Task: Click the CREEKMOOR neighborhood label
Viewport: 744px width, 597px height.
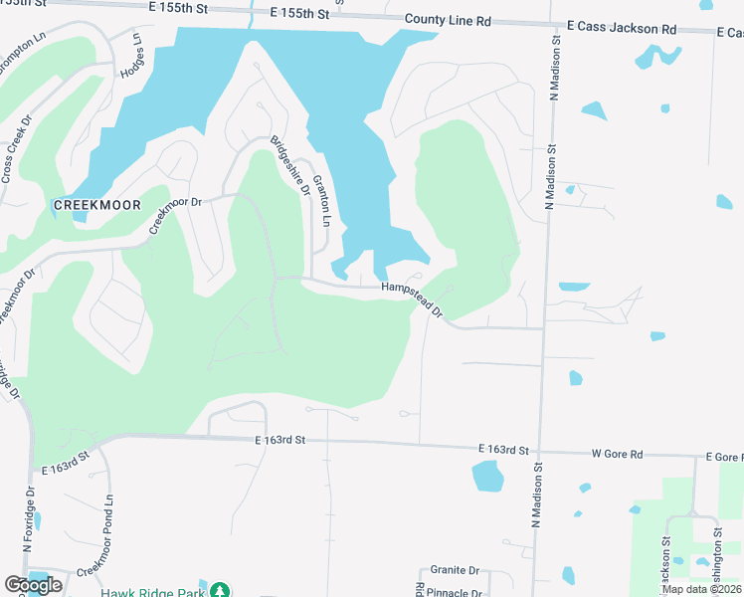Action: click(96, 205)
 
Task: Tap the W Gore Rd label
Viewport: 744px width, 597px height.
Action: click(618, 454)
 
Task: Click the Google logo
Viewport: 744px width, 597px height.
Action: click(33, 585)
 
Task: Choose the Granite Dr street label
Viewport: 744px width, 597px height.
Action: click(455, 571)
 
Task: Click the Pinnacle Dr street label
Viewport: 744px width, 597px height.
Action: click(453, 592)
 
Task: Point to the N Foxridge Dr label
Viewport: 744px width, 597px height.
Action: click(31, 517)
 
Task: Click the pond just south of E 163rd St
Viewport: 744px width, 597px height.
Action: click(488, 477)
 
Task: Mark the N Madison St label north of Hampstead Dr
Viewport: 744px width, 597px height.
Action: click(548, 173)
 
